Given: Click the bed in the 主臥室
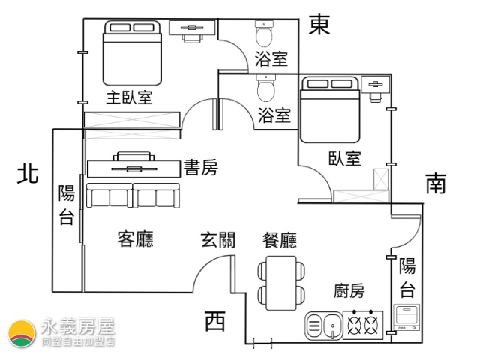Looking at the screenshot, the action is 132,52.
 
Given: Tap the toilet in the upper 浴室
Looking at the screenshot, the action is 264,33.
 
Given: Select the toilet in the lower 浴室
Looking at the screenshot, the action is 266,88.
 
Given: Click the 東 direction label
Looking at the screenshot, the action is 319,25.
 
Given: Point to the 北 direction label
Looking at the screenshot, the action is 28,175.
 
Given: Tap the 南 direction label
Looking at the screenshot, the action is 436,183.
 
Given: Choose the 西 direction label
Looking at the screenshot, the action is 215,320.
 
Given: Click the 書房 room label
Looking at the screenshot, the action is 201,167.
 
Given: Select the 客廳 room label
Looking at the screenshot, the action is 135,238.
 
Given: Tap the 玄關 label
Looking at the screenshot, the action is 218,239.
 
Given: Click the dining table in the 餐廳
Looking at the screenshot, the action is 281,283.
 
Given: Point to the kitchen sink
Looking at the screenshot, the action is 323,325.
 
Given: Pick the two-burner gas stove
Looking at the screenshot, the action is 363,325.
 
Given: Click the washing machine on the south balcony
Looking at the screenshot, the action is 406,317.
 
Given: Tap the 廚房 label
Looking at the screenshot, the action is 349,290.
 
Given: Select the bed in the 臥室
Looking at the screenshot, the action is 330,110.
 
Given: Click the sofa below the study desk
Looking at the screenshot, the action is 133,196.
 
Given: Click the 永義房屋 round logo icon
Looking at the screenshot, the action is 22,334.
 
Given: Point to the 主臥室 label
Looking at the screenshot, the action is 129,97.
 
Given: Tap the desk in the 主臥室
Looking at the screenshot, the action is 192,31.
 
